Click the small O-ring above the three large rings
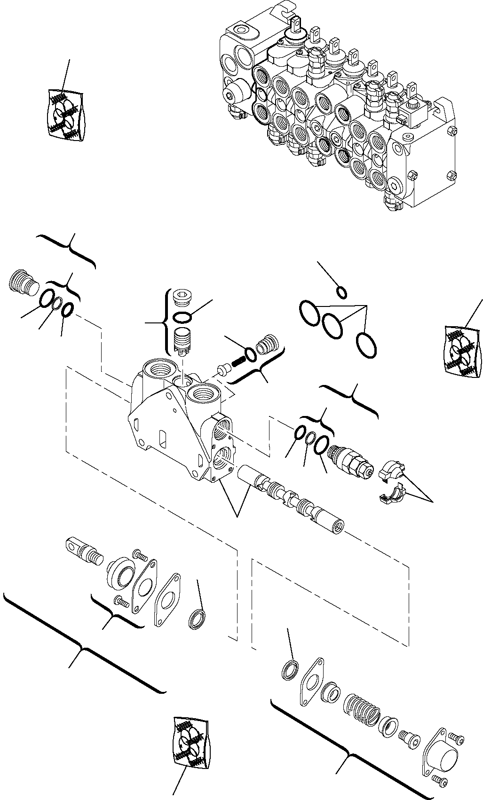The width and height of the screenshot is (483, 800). coord(343,293)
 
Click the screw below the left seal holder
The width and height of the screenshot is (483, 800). coord(121,601)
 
